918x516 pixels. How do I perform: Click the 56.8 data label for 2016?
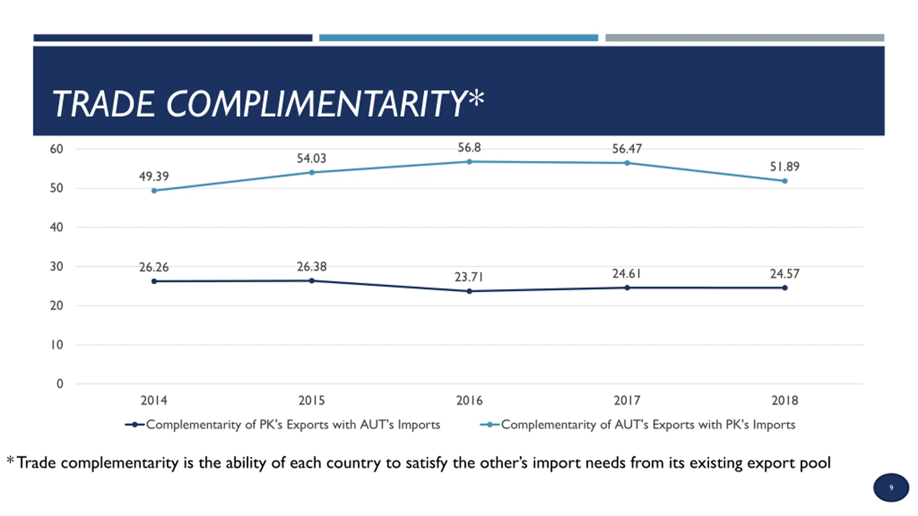click(469, 148)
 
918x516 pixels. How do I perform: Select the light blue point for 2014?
click(154, 191)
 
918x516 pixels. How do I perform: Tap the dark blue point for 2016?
click(469, 291)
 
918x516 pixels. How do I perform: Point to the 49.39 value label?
click(154, 176)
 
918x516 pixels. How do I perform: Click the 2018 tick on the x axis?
click(785, 400)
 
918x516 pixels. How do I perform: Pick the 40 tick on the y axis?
click(57, 227)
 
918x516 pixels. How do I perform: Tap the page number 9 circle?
click(891, 488)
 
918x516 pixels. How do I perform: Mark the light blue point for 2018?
click(785, 181)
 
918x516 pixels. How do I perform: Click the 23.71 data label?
click(469, 277)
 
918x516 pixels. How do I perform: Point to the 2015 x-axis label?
click(312, 400)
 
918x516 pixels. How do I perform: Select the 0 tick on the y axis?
click(60, 384)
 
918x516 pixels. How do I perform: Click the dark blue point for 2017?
click(627, 288)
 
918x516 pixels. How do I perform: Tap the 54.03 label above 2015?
click(312, 158)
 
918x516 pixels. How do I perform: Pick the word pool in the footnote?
click(815, 463)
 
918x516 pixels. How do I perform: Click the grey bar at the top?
click(745, 38)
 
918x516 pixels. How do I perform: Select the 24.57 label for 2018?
click(785, 274)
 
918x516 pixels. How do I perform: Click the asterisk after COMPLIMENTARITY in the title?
click(476, 98)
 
